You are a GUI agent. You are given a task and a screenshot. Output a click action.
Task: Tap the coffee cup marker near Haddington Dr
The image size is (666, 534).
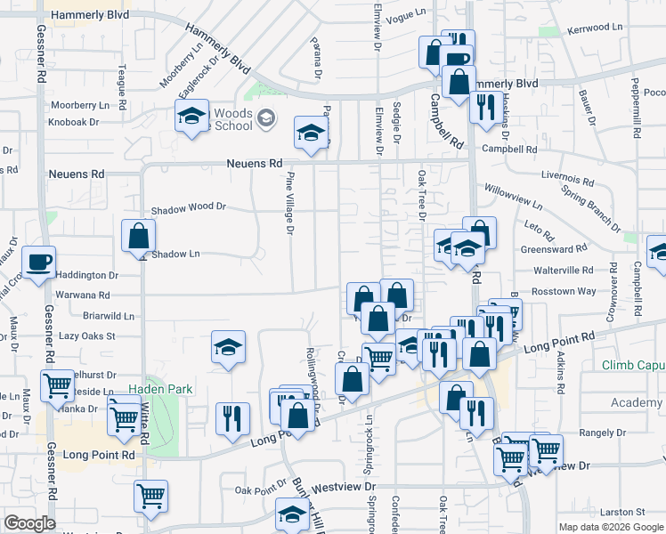click(39, 263)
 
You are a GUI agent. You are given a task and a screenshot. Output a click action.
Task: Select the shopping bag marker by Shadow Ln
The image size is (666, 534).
click(139, 237)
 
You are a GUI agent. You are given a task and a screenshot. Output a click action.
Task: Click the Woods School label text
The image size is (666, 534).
click(233, 119)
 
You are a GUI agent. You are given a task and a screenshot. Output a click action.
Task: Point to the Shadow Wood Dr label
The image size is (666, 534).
click(189, 206)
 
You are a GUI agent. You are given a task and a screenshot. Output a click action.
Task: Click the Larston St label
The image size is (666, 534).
click(621, 512)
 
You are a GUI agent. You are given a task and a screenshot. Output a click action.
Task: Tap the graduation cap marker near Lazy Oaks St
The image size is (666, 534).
click(228, 348)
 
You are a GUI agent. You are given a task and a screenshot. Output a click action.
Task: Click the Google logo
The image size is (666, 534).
click(28, 523)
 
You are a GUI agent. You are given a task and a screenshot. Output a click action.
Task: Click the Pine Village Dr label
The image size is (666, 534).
click(289, 205)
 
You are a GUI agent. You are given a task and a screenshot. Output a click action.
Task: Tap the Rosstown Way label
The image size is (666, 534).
click(563, 291)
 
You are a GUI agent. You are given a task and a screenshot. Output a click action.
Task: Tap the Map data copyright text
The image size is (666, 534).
click(610, 527)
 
